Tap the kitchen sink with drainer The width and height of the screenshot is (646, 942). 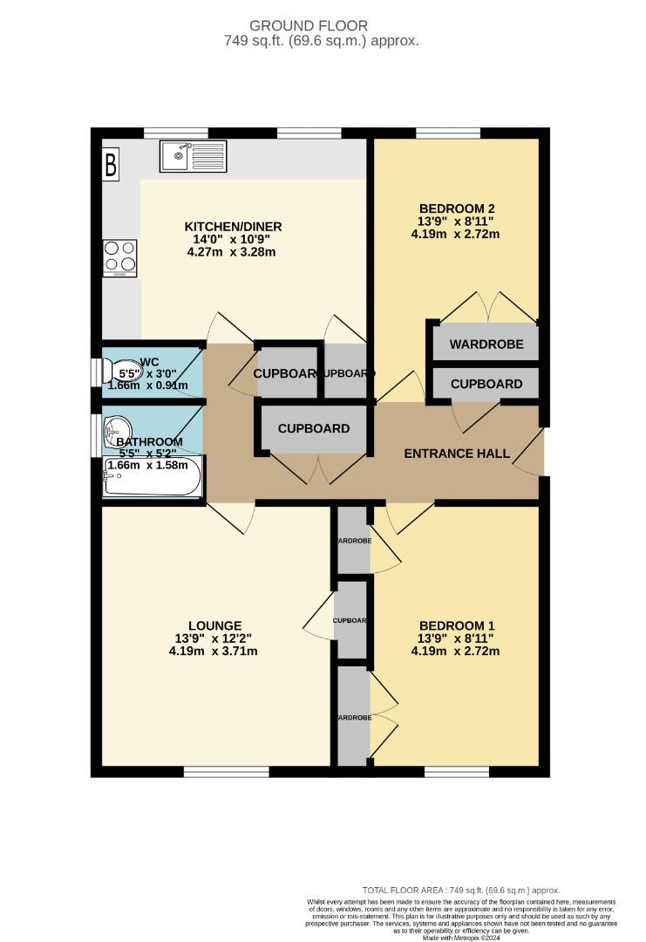[193, 156]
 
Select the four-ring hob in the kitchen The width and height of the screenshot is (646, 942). [120, 257]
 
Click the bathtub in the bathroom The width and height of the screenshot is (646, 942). [153, 477]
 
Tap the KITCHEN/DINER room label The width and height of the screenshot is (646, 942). [233, 227]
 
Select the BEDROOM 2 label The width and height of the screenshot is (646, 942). [457, 208]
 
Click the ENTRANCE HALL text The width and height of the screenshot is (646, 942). [457, 454]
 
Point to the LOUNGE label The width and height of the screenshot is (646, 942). [215, 625]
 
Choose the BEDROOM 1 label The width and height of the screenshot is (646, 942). [457, 625]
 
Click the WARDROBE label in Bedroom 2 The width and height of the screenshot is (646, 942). [486, 345]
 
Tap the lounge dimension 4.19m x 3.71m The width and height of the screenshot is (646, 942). [215, 651]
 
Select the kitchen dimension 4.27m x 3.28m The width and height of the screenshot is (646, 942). [233, 252]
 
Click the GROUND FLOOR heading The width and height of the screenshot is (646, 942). [322, 26]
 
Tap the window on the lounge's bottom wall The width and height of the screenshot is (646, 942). [215, 771]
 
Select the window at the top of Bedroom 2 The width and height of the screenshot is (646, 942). [447, 133]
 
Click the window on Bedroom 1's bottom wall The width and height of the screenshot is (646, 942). [457, 771]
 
